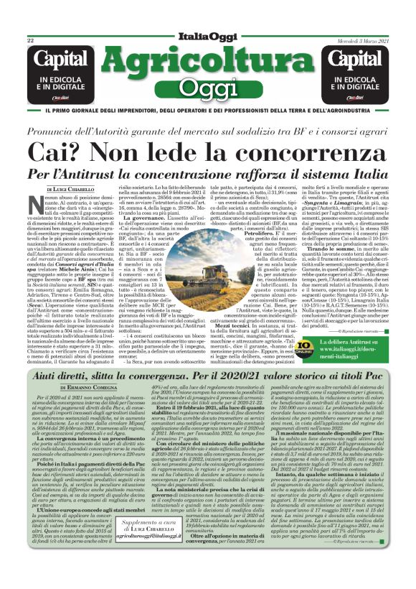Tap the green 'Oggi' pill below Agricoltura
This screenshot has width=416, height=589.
pyautogui.click(x=208, y=88)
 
